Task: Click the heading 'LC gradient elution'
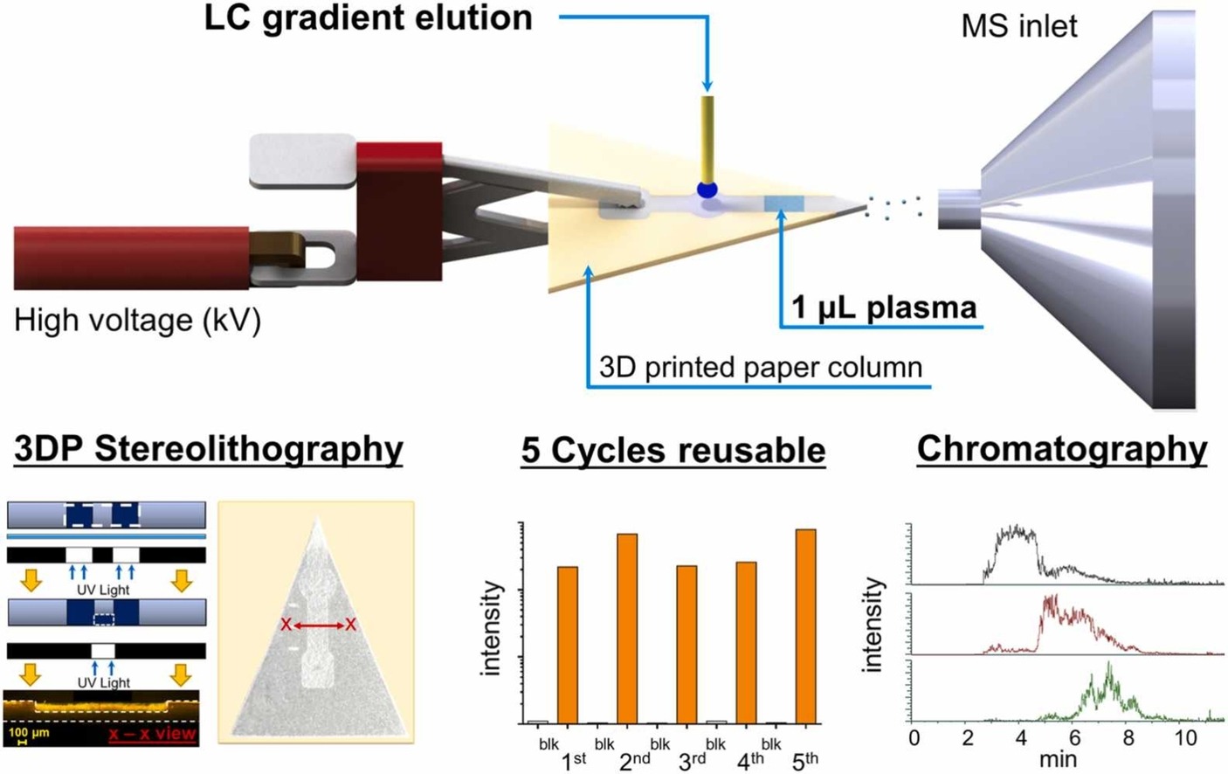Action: pos(368,18)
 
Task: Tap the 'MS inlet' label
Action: pos(1018,25)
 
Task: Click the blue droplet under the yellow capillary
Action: pos(706,190)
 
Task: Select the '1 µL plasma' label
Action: pos(884,308)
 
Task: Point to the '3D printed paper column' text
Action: pos(760,368)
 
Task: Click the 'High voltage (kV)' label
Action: pos(137,321)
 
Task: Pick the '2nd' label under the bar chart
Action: pos(634,761)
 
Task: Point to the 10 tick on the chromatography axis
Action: pos(1185,737)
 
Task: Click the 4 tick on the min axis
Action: pos(1021,737)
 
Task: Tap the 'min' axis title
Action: pos(1058,759)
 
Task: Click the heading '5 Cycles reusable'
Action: pos(673,451)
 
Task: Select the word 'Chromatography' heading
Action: pos(1061,449)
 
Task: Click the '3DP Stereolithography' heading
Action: pos(209,449)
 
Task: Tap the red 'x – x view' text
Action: pos(152,733)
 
